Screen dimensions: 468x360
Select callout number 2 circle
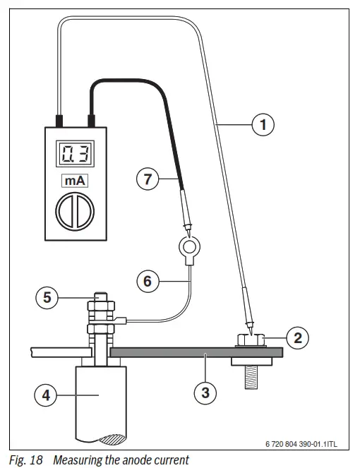click(x=298, y=337)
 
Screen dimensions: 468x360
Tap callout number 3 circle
click(x=205, y=392)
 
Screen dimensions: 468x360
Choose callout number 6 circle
click(x=148, y=280)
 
